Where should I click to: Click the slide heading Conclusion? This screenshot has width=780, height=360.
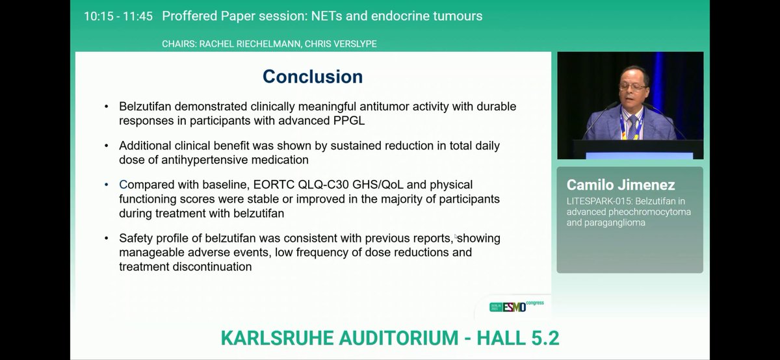312,77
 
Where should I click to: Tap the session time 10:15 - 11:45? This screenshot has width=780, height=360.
118,16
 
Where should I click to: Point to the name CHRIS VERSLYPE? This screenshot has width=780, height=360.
340,44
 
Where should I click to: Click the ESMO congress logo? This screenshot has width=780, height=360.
516,306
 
